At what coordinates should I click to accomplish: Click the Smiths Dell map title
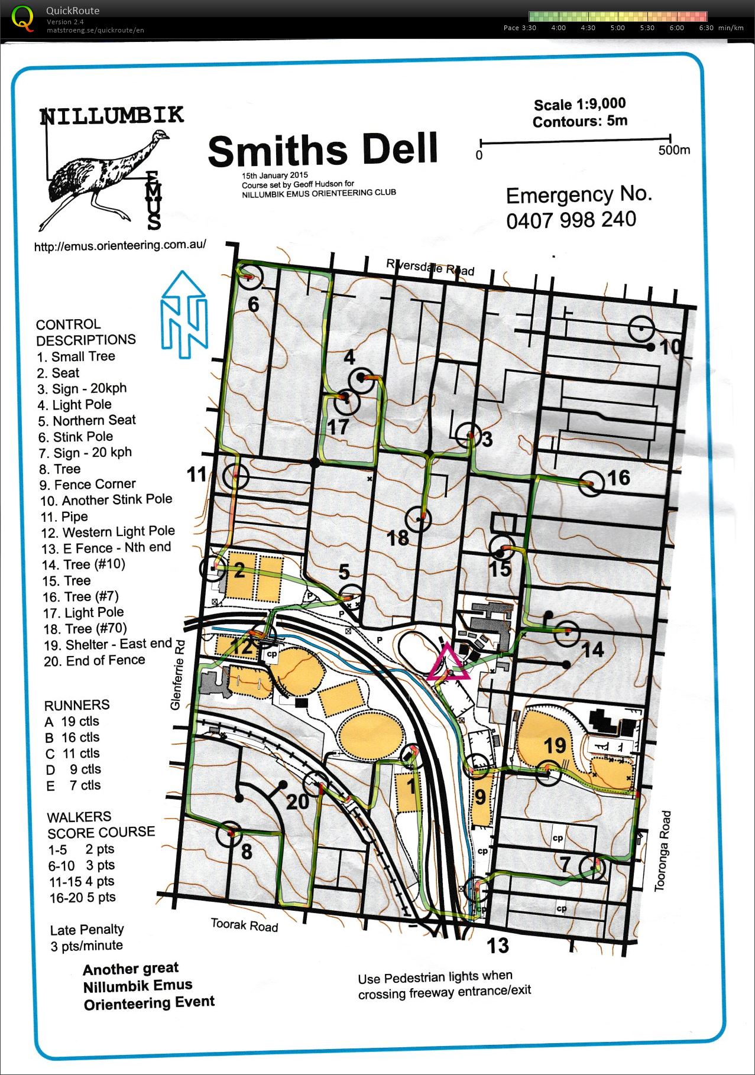pos(323,150)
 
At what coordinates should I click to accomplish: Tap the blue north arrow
pos(185,314)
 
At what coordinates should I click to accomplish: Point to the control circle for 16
pos(591,483)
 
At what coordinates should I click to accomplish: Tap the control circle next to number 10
pos(641,329)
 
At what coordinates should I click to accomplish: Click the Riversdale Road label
pos(430,267)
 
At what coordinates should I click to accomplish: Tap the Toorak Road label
pos(244,924)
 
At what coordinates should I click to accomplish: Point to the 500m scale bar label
pos(674,150)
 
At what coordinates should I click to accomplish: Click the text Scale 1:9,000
pos(579,105)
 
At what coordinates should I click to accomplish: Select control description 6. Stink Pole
pos(76,437)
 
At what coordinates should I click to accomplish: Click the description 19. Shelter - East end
pos(107,644)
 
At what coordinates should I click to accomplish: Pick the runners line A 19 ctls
pos(72,721)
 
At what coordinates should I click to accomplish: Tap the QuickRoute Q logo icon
pos(22,18)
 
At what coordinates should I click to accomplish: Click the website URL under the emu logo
pos(120,245)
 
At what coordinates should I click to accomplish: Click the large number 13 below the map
pos(497,946)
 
